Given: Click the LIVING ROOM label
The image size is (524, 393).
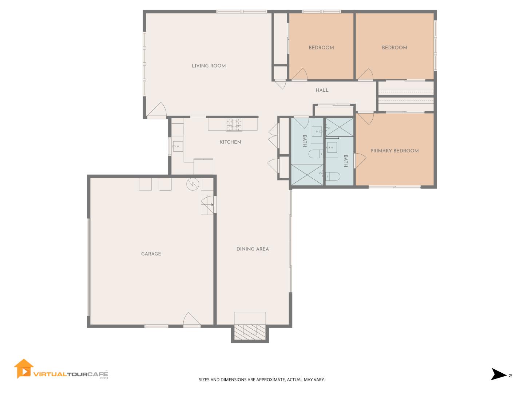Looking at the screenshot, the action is tap(209, 65).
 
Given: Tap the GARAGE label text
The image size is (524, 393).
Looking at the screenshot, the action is tap(151, 254).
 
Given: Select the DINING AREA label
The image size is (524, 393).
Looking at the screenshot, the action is tap(253, 249).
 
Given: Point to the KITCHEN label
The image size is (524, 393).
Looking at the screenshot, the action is tap(230, 142).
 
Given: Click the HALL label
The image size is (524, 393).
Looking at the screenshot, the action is tap(322, 90).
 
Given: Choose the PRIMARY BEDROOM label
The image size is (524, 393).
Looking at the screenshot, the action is tap(394, 151).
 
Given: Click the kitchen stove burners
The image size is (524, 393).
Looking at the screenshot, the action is tap(234, 125).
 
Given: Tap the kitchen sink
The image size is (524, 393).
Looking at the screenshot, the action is tap(178, 147).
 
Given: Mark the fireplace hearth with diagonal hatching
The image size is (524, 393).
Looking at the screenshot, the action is tap(250, 332).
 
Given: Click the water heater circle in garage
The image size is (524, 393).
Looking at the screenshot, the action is tap(192, 184).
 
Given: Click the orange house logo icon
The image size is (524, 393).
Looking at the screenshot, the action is tap(23, 369).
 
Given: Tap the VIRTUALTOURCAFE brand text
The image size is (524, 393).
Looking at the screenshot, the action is tap(71, 374).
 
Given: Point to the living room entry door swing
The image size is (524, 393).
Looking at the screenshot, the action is tap(156, 111).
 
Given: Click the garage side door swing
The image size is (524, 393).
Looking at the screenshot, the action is tap(192, 319).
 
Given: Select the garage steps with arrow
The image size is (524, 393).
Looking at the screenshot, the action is tap(207, 205).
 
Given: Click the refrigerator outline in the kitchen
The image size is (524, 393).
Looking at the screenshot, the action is tap(203, 167).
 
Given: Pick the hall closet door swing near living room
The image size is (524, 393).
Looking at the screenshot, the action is tap(281, 84).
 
